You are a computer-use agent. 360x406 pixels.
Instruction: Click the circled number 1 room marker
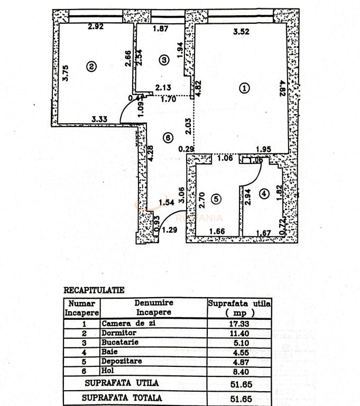pyautogui.click(x=244, y=89)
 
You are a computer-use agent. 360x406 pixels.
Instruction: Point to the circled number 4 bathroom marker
pyautogui.click(x=264, y=194)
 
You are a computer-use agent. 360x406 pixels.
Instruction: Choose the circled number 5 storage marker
pyautogui.click(x=215, y=199)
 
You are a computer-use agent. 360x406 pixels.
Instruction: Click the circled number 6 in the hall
pyautogui.click(x=168, y=138)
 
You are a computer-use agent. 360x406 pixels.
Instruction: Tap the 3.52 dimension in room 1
pyautogui.click(x=241, y=32)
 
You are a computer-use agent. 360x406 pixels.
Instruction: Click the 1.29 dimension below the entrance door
pyautogui.click(x=169, y=230)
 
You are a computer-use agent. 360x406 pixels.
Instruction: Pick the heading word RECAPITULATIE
pyautogui.click(x=94, y=290)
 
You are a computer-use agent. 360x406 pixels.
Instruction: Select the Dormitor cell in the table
pyautogui.click(x=119, y=334)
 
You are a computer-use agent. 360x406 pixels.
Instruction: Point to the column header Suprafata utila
pyautogui.click(x=239, y=304)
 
